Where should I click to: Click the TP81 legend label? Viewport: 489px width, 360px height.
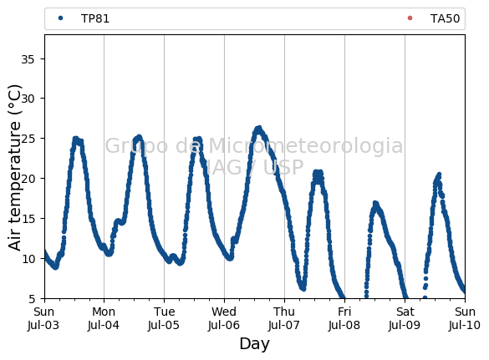coord(95,18)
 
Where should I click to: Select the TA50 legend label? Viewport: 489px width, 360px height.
coord(445,18)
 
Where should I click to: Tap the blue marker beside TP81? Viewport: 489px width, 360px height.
coord(60,18)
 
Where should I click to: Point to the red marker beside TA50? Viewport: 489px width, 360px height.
coord(410,18)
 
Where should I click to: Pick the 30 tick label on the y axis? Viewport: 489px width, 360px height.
coord(28,99)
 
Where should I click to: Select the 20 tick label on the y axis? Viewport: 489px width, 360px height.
coord(28,179)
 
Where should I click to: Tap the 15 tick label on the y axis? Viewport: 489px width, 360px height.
coord(28,219)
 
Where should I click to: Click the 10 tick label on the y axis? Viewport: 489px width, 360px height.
coord(28,259)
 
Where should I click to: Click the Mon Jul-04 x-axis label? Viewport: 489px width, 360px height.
coord(104,318)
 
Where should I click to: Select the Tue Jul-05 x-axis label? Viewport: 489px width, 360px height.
coord(164,318)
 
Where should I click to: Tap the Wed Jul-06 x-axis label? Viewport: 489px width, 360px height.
coord(224,318)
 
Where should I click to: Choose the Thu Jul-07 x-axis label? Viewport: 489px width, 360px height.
coord(284,318)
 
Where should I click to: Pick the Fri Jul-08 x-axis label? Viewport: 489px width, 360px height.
coord(344,318)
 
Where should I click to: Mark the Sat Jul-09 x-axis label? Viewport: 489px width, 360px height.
coord(405,318)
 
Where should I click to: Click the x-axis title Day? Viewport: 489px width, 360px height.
coord(254,344)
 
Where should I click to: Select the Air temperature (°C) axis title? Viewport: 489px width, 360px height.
coord(14,167)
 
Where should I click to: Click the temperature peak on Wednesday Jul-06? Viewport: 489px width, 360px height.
coord(258,128)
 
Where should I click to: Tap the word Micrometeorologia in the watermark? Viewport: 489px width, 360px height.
coord(306,146)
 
